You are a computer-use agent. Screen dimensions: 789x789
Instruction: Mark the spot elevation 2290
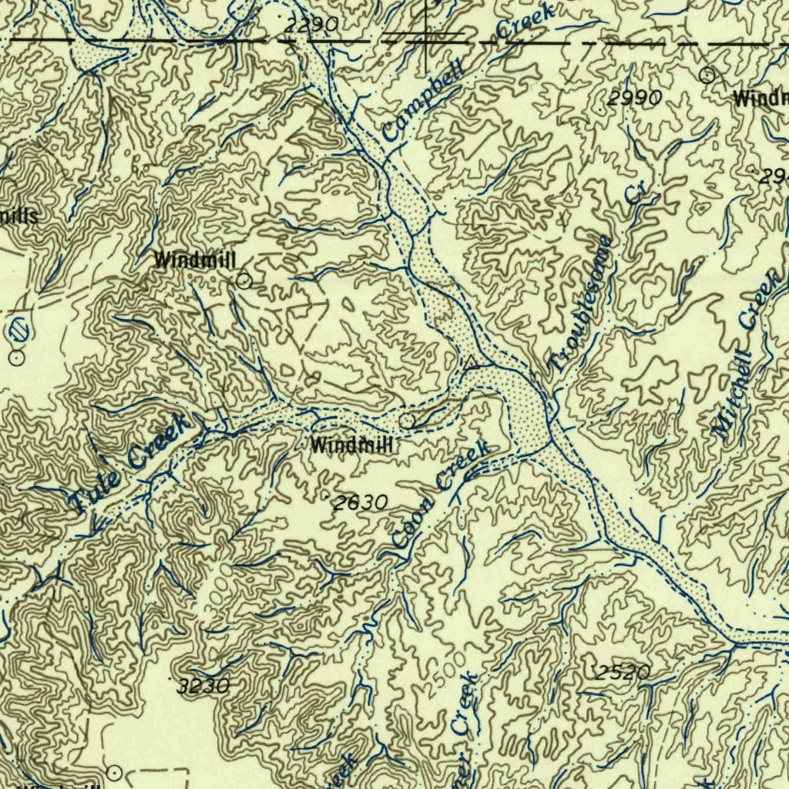pyautogui.click(x=311, y=25)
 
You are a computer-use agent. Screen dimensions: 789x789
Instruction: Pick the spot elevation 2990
pyautogui.click(x=634, y=98)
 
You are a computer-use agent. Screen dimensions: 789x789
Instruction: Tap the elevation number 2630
pyautogui.click(x=360, y=503)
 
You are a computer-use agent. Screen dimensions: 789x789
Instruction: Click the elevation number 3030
pyautogui.click(x=203, y=686)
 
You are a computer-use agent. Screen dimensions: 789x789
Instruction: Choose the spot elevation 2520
pyautogui.click(x=623, y=672)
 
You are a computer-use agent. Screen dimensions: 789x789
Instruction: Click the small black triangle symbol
pyautogui.click(x=470, y=361)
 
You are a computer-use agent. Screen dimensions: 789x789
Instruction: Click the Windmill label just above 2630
pyautogui.click(x=351, y=445)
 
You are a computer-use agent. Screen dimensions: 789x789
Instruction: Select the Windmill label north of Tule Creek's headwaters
pyautogui.click(x=195, y=260)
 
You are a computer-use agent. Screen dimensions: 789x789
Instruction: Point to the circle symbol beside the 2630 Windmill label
pyautogui.click(x=407, y=420)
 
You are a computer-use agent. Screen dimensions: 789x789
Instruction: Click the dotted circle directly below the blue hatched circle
pyautogui.click(x=17, y=358)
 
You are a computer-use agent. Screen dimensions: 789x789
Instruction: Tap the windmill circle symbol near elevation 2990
pyautogui.click(x=707, y=75)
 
